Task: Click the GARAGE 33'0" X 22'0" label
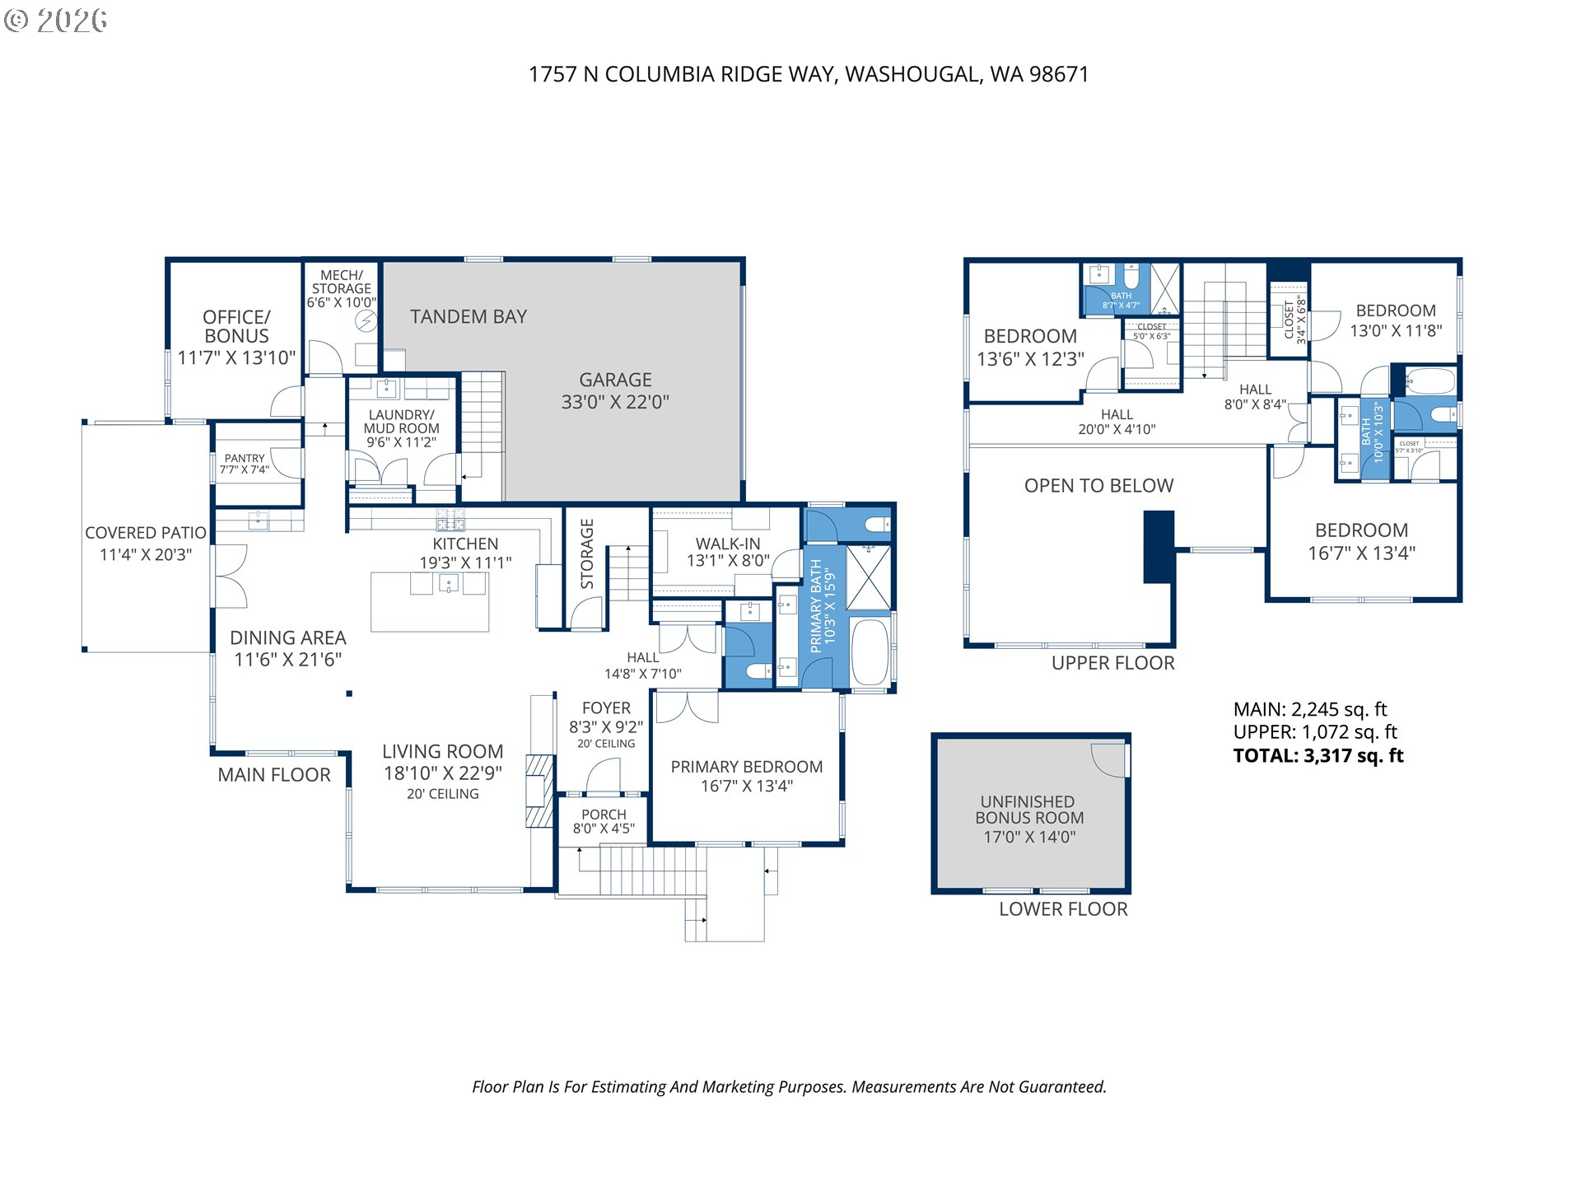(615, 391)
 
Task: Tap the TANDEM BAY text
(468, 316)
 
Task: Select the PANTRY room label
(245, 459)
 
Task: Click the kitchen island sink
(448, 584)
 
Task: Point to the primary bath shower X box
(869, 577)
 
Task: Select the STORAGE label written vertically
(587, 553)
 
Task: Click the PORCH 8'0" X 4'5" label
(604, 821)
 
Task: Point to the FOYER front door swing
(604, 776)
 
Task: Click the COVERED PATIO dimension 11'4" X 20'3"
(146, 554)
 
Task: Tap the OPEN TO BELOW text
(1098, 486)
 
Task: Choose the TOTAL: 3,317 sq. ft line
(1317, 755)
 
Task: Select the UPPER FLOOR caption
(1112, 663)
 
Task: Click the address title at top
(808, 74)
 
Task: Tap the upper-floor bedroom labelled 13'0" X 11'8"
(1395, 321)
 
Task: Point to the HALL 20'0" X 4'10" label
(1117, 422)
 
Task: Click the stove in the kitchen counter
(450, 519)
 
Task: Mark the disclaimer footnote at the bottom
(789, 1087)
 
